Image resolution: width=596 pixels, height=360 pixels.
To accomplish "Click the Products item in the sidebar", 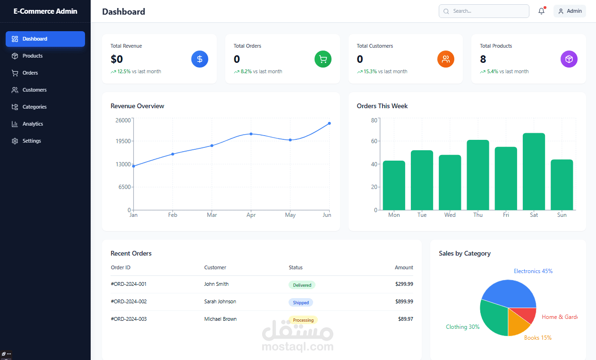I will pyautogui.click(x=32, y=56).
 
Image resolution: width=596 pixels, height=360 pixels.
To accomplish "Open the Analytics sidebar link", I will pyautogui.click(x=32, y=124).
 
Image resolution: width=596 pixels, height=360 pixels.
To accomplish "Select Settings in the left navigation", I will pyautogui.click(x=31, y=141).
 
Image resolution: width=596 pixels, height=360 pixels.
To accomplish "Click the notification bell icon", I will pyautogui.click(x=541, y=11).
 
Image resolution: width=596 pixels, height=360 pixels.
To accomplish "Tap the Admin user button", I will pyautogui.click(x=570, y=11).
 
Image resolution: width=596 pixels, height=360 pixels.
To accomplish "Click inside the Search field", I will pyautogui.click(x=486, y=11).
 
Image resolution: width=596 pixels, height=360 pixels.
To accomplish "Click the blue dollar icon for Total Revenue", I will pyautogui.click(x=200, y=59).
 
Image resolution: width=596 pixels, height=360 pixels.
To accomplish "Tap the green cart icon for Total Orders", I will pyautogui.click(x=323, y=59).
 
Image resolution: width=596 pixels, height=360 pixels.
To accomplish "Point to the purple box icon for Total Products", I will pyautogui.click(x=569, y=59).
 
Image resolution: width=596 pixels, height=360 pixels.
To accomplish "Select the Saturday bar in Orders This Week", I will pyautogui.click(x=534, y=171).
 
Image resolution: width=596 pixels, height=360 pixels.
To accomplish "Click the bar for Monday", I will pyautogui.click(x=394, y=185).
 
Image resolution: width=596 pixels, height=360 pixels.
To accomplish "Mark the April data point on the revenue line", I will pyautogui.click(x=251, y=134).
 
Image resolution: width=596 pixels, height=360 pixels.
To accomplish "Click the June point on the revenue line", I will pyautogui.click(x=329, y=123).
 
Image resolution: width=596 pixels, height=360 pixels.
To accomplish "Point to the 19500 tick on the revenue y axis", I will pyautogui.click(x=123, y=141).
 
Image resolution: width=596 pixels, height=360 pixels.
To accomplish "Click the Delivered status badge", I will pyautogui.click(x=302, y=285).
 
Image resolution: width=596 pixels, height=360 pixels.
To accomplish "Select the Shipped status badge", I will pyautogui.click(x=301, y=302).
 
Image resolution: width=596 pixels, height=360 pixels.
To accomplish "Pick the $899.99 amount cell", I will pyautogui.click(x=404, y=301).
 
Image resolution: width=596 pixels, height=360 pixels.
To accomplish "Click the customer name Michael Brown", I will pyautogui.click(x=221, y=319).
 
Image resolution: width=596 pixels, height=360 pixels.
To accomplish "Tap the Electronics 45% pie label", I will pyautogui.click(x=533, y=271).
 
